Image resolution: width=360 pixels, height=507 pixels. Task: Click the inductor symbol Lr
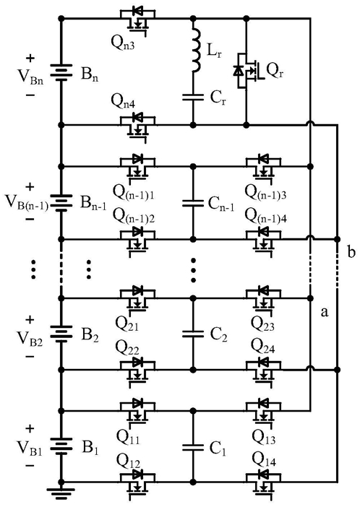(195, 49)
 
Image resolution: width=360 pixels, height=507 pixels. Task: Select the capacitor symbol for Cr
(193, 97)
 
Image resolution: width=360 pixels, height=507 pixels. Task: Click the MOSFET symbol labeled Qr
(249, 69)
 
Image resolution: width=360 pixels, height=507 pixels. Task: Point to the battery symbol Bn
(61, 71)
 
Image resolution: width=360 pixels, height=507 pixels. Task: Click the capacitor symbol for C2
(193, 334)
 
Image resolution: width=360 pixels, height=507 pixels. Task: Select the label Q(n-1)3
(265, 192)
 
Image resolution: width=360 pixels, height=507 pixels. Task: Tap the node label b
(351, 252)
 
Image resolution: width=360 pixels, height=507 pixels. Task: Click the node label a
(324, 312)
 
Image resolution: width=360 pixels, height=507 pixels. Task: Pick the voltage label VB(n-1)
(27, 202)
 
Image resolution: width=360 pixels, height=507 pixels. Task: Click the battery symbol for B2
(61, 334)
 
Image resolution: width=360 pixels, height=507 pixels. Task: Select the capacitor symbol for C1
(193, 447)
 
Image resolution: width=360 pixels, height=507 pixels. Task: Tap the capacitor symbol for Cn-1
(193, 204)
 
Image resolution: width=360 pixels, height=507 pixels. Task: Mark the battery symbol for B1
(61, 447)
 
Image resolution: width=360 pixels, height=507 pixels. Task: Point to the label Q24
(263, 347)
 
